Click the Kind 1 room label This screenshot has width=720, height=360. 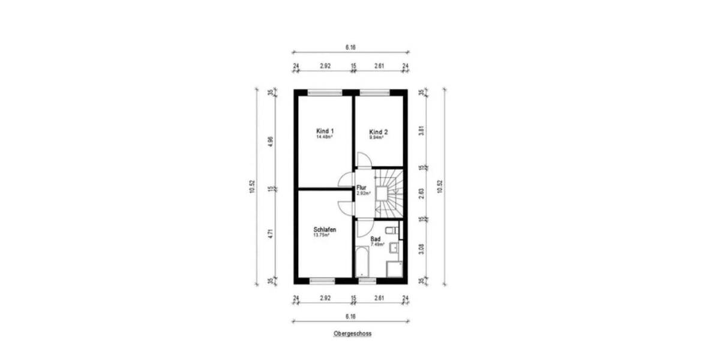tap(325, 131)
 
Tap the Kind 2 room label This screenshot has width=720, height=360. tap(378, 132)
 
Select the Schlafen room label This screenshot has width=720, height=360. tap(324, 230)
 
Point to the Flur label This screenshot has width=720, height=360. tap(361, 187)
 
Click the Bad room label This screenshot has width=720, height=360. tap(376, 238)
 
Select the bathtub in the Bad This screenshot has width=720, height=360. tap(362, 262)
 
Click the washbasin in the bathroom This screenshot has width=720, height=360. tap(395, 247)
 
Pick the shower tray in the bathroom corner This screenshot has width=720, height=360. tap(394, 269)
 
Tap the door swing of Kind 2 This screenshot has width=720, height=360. tap(364, 160)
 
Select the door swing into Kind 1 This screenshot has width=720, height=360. tap(346, 180)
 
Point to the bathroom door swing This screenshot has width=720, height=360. tap(364, 228)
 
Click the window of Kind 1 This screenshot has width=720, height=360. tap(325, 92)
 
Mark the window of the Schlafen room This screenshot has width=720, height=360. tap(322, 280)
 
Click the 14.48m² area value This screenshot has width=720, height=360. tap(325, 137)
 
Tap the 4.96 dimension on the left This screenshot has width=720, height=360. tap(271, 142)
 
